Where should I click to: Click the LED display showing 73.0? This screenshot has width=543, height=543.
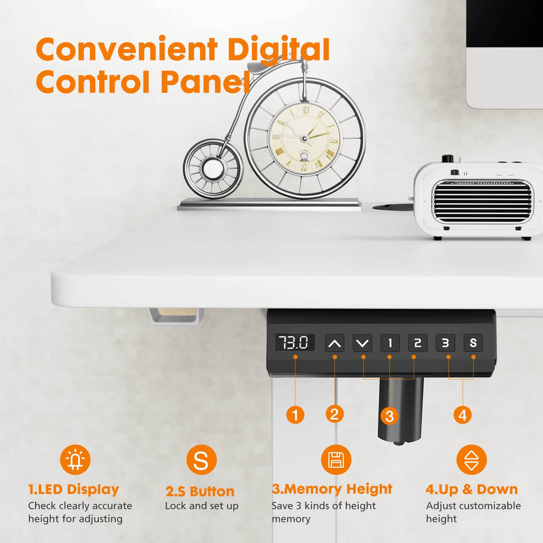click(x=294, y=342)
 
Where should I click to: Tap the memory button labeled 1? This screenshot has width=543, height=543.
click(x=390, y=343)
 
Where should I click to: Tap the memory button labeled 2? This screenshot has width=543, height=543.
click(x=418, y=343)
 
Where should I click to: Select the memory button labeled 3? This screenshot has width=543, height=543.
click(x=445, y=343)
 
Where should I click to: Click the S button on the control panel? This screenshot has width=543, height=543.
click(x=473, y=343)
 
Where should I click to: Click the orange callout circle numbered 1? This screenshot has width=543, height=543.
click(x=295, y=415)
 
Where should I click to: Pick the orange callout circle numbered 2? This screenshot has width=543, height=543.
click(x=335, y=414)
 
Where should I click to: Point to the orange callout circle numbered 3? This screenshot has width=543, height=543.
click(x=389, y=416)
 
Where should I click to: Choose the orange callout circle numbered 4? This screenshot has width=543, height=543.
click(x=463, y=415)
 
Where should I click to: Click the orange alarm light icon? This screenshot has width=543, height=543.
click(x=75, y=460)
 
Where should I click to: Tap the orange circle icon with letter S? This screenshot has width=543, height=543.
click(x=201, y=460)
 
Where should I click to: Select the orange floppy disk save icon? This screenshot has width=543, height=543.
click(x=336, y=460)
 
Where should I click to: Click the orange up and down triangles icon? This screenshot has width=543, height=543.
click(x=472, y=460)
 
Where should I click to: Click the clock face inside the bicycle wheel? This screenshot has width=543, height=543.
click(x=305, y=138)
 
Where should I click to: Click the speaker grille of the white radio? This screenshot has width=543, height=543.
click(x=482, y=201)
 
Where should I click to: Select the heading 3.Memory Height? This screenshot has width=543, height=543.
click(x=332, y=489)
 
